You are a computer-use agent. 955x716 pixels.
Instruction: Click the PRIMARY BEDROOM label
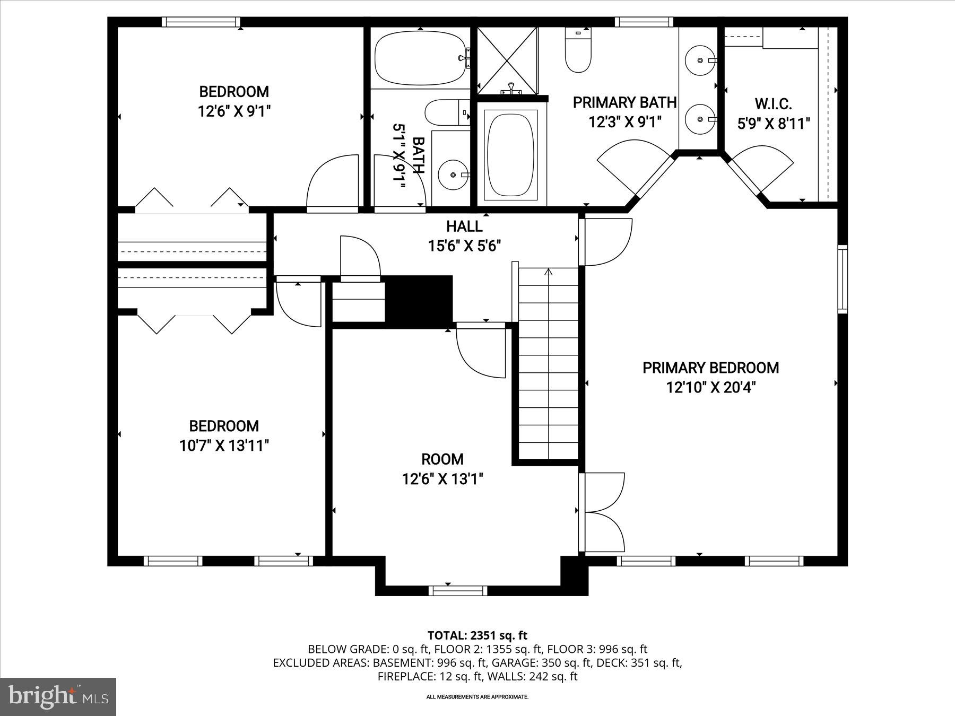[x=710, y=368]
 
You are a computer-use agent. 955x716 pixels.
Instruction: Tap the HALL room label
[x=464, y=226]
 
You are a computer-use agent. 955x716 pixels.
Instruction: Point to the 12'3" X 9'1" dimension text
[x=625, y=122]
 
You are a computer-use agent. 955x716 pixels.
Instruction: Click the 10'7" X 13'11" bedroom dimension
[x=224, y=446]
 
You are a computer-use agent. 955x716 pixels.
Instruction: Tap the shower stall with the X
[x=508, y=60]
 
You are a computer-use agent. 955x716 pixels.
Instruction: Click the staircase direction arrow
[x=549, y=272]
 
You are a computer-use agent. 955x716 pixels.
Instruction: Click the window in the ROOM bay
[x=457, y=590]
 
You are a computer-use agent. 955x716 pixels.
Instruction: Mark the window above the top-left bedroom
[x=201, y=22]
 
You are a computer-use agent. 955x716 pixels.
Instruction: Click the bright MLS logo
[x=58, y=697]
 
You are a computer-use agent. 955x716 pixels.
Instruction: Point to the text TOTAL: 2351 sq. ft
[x=477, y=635]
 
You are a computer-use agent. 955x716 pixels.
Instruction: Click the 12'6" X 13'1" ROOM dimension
[x=442, y=479]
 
